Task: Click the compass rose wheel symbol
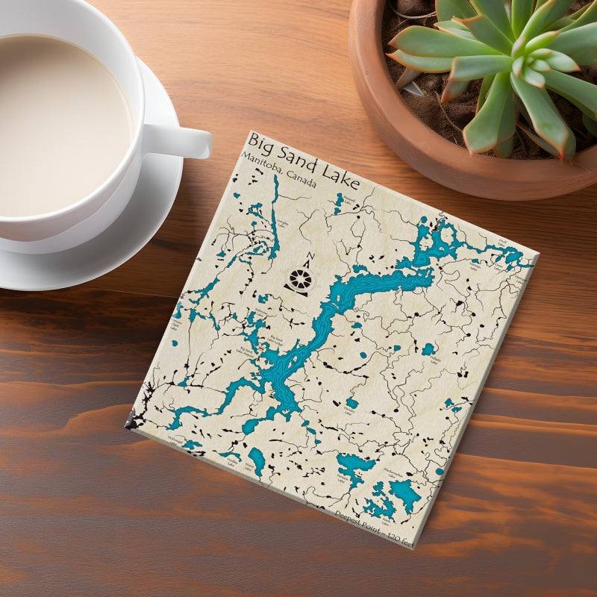click(x=300, y=281)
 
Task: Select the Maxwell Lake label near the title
click(x=347, y=196)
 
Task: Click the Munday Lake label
click(x=343, y=478)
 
